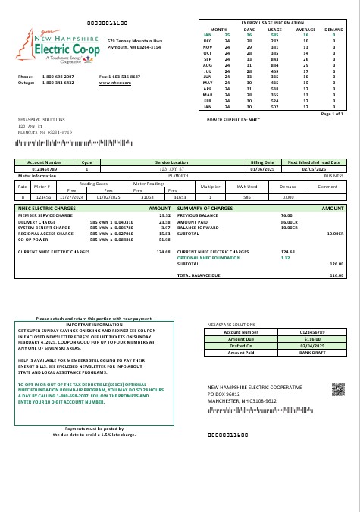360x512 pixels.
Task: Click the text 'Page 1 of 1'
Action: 332,113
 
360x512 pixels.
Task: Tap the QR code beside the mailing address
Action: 338,389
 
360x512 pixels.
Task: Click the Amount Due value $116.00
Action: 312,338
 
